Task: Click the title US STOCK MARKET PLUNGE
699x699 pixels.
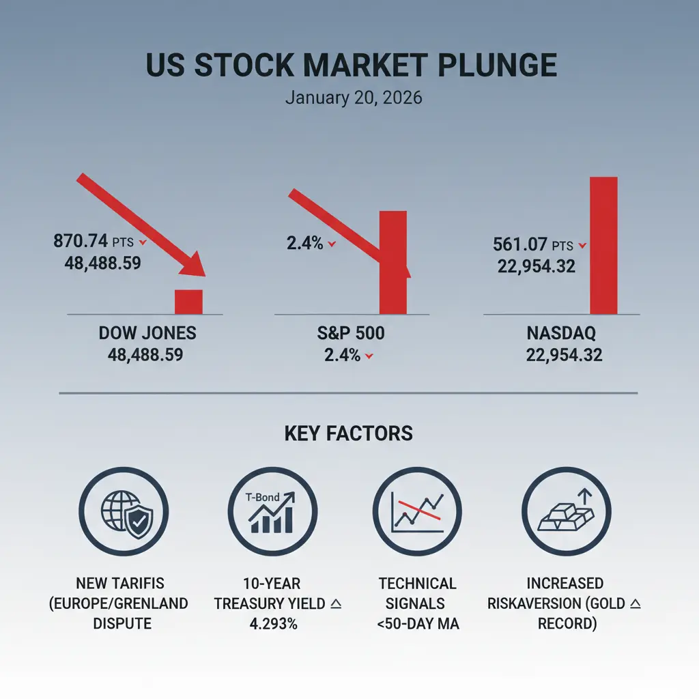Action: pyautogui.click(x=351, y=66)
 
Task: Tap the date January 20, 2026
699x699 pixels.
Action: pyautogui.click(x=354, y=98)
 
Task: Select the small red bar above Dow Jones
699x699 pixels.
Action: pyautogui.click(x=189, y=301)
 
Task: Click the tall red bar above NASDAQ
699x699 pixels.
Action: pyautogui.click(x=603, y=245)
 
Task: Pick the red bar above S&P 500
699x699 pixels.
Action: pyautogui.click(x=393, y=262)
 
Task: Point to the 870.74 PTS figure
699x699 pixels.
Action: pyautogui.click(x=96, y=241)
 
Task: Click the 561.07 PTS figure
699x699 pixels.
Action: pyautogui.click(x=535, y=245)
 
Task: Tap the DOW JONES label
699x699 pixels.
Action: pyautogui.click(x=147, y=333)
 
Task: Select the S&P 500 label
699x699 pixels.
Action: pyautogui.click(x=350, y=333)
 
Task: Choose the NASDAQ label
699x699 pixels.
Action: pyautogui.click(x=562, y=333)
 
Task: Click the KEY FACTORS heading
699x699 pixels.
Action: pyautogui.click(x=349, y=433)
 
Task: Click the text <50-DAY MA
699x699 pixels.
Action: pyautogui.click(x=417, y=623)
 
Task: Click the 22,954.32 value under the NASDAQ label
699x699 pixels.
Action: pyautogui.click(x=565, y=355)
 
